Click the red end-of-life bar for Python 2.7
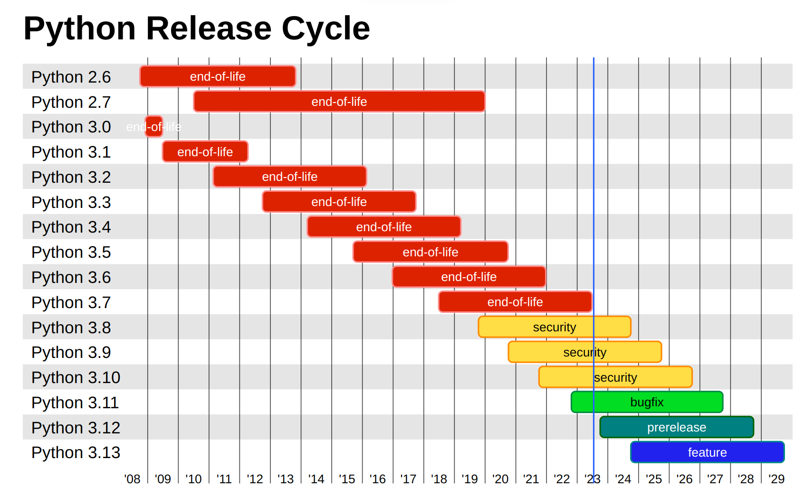[x=339, y=102]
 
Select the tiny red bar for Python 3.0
[x=153, y=127]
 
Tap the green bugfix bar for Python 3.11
[x=647, y=402]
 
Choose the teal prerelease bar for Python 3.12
[x=677, y=427]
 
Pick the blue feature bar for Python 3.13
[x=707, y=452]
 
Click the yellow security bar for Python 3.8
[x=554, y=327]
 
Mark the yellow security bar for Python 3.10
[x=615, y=377]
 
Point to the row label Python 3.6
[x=71, y=277]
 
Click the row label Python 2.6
[x=71, y=77]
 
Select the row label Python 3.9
[x=71, y=352]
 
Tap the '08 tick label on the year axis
[x=132, y=479]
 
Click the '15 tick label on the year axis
[x=347, y=479]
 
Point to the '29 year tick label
[x=776, y=479]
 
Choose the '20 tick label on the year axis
[x=500, y=479]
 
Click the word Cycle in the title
[x=325, y=28]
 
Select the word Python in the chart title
[x=80, y=28]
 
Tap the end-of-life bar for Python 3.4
[x=383, y=227]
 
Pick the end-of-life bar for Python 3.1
[x=205, y=152]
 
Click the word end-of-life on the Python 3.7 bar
[x=515, y=302]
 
